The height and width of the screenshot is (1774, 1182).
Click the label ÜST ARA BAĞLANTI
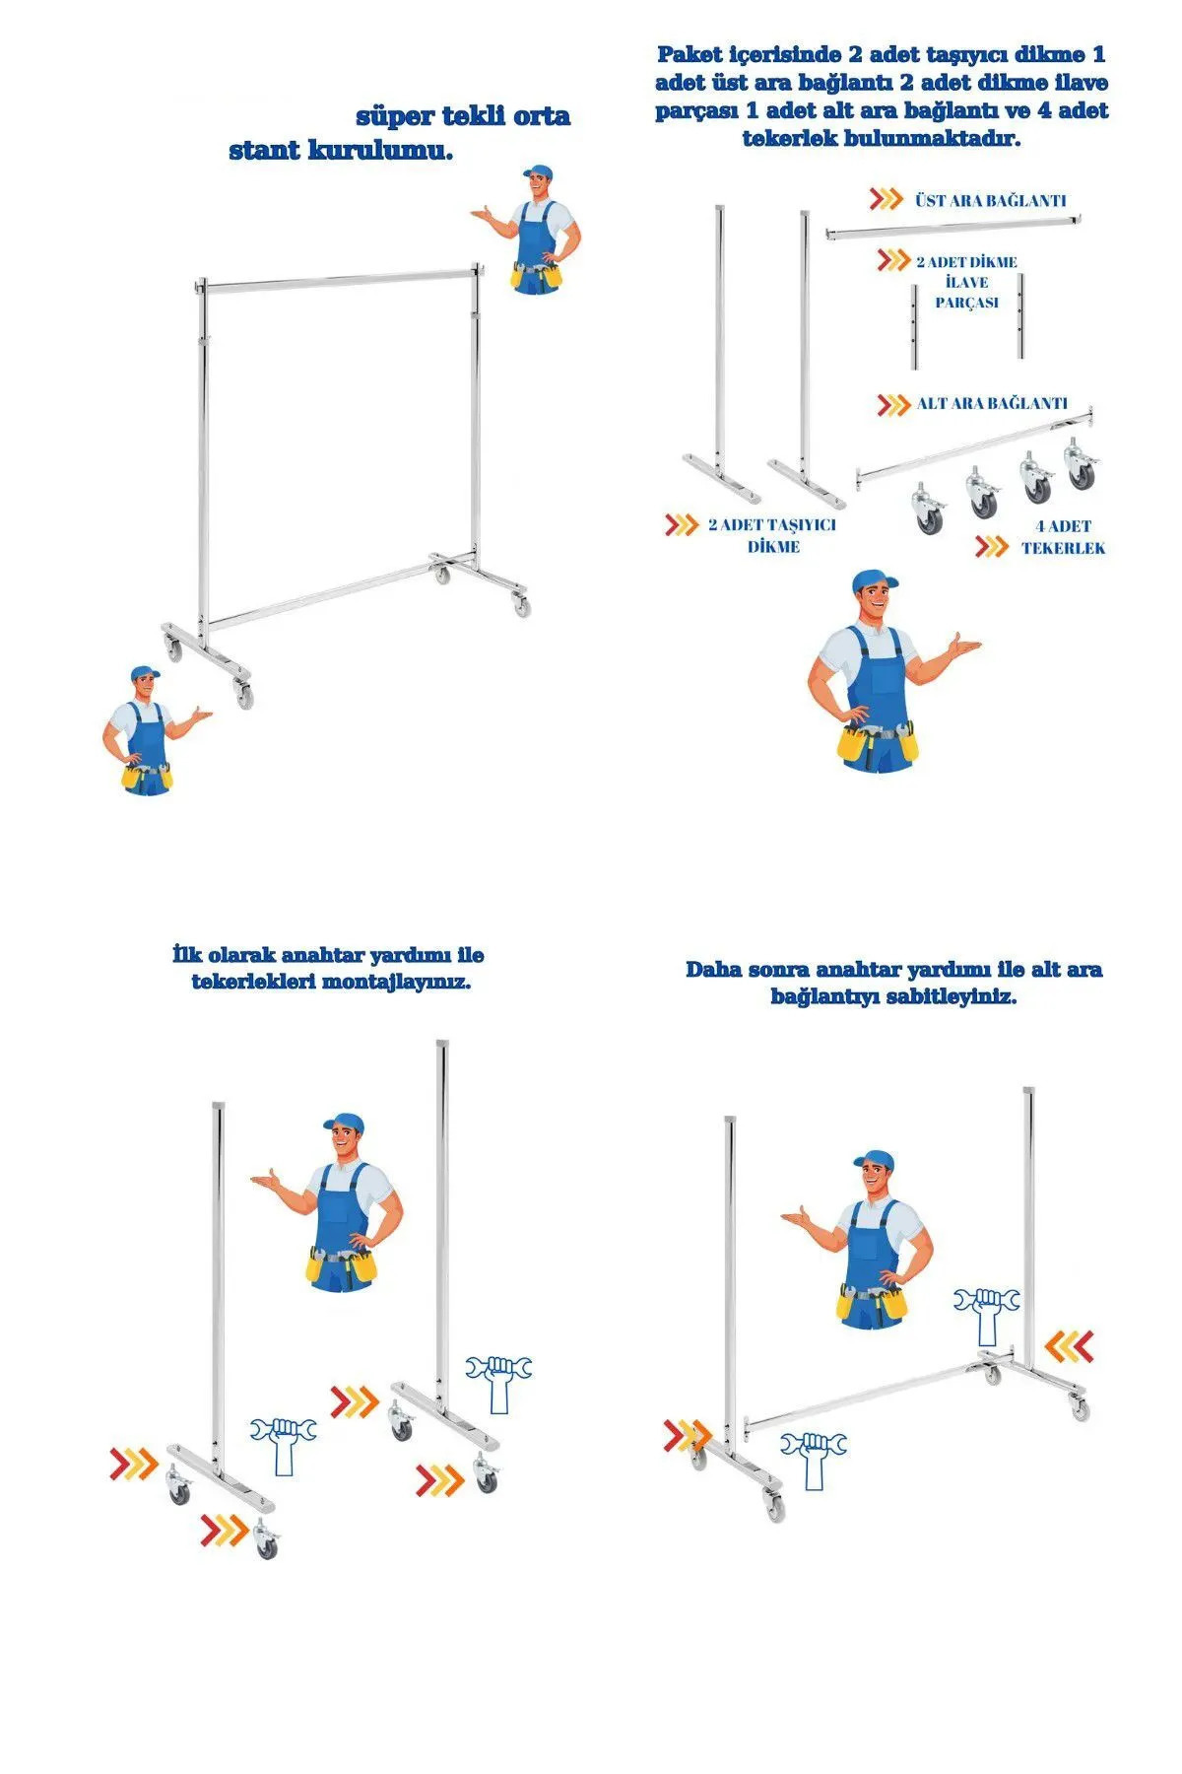(x=990, y=200)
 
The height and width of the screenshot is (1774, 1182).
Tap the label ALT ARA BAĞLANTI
(x=991, y=403)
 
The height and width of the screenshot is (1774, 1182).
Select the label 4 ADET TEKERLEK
(x=1063, y=537)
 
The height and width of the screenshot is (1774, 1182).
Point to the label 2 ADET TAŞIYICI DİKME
(x=772, y=535)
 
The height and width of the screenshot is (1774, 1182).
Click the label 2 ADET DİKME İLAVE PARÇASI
(x=966, y=283)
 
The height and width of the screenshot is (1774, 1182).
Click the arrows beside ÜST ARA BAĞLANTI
(x=886, y=199)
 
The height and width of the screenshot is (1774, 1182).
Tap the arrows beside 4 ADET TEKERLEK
(x=992, y=547)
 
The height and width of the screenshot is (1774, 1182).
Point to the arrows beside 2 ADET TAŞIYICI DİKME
(x=682, y=524)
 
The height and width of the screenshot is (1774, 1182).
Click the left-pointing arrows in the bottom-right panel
(x=1069, y=1344)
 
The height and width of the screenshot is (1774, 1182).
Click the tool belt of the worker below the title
(x=536, y=275)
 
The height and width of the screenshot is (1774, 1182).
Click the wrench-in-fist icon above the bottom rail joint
(x=987, y=1313)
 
